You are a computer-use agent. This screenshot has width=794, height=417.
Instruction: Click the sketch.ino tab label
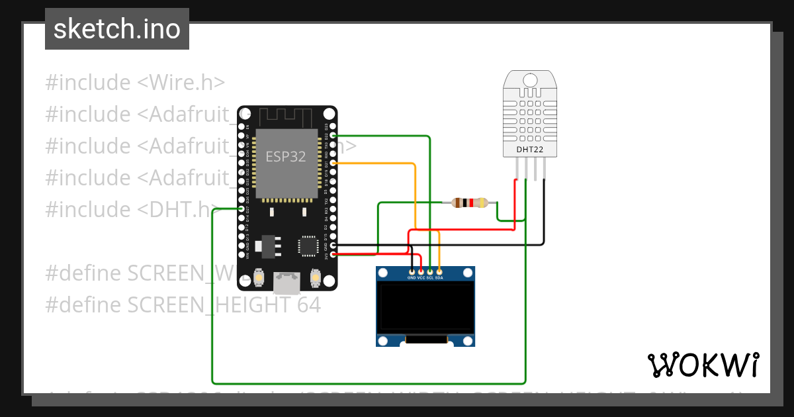click(116, 29)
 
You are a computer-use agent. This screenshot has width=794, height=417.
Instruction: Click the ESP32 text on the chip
click(286, 157)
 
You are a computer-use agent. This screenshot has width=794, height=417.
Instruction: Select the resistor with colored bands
click(470, 203)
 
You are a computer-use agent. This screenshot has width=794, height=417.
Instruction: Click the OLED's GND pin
click(412, 271)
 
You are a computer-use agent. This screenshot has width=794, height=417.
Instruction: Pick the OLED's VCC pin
click(421, 271)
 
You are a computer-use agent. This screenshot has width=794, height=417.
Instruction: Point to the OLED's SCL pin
click(430, 271)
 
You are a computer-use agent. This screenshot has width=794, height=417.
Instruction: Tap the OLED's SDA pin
click(439, 271)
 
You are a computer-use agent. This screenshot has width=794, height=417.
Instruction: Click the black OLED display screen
click(425, 308)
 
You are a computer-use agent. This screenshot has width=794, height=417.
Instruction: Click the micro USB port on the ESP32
click(287, 283)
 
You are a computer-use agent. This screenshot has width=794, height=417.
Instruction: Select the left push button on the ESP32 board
click(259, 277)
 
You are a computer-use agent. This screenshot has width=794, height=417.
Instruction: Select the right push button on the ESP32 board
click(315, 277)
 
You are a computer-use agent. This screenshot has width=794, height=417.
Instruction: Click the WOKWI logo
click(703, 365)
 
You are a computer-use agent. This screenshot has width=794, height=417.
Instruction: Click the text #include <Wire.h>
click(135, 83)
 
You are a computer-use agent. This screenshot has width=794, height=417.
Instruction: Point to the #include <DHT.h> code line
click(129, 209)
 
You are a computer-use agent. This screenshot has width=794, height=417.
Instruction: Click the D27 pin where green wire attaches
click(242, 209)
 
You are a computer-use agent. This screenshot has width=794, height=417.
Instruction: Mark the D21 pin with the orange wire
click(333, 163)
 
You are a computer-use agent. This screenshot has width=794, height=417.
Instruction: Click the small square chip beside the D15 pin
click(308, 246)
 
